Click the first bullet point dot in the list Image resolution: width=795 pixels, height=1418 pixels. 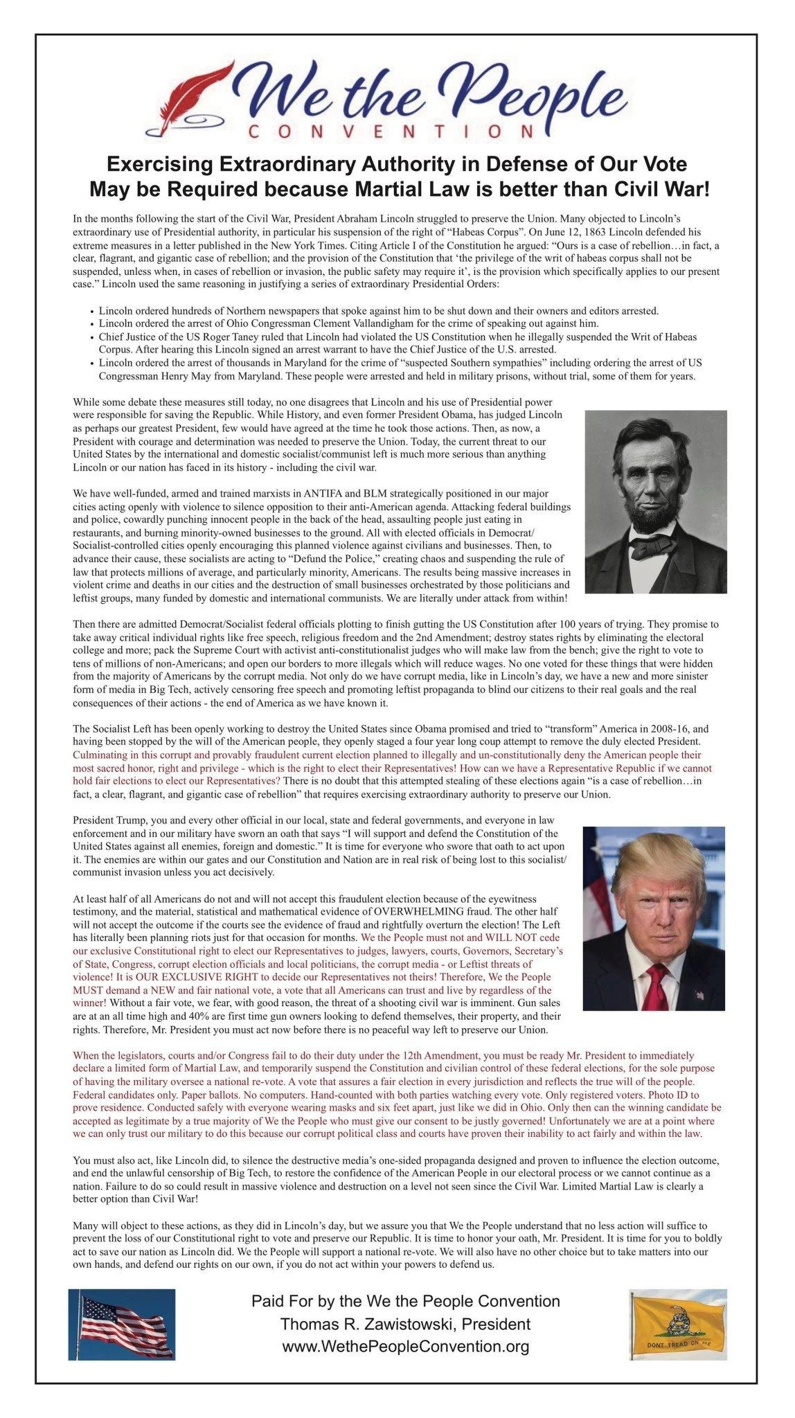tap(91, 312)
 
